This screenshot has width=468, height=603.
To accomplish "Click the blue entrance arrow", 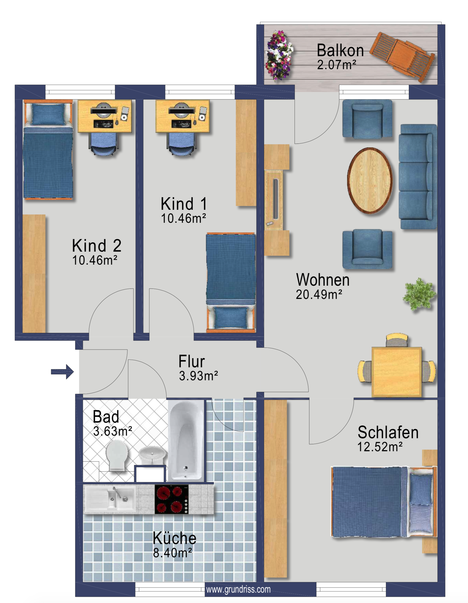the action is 62,372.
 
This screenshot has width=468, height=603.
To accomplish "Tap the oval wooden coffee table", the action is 370,181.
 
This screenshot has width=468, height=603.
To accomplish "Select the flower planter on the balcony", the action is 279,55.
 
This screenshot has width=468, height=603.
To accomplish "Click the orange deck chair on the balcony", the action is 402,57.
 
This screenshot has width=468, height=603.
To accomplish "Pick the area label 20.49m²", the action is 319,294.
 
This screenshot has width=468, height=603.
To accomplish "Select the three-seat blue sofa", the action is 418,177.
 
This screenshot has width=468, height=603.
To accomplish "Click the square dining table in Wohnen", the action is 396,372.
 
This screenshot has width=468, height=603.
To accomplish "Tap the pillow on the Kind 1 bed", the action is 231,318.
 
